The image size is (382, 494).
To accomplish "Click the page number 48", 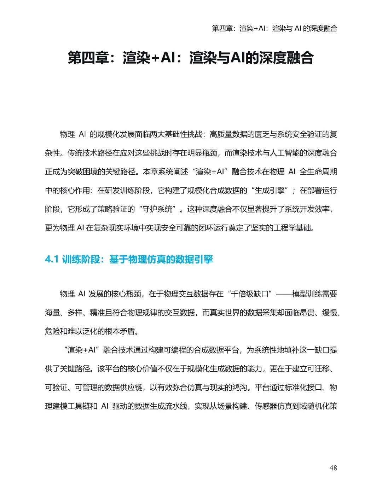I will click(x=333, y=468).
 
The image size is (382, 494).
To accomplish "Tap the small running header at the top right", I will click(x=274, y=28).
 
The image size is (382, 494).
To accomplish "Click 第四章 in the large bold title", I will click(x=89, y=58).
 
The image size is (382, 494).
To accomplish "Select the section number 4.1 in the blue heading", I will click(x=52, y=259).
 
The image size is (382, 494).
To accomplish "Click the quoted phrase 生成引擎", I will click(x=270, y=190).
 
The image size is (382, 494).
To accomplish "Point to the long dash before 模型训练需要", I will click(x=284, y=294).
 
